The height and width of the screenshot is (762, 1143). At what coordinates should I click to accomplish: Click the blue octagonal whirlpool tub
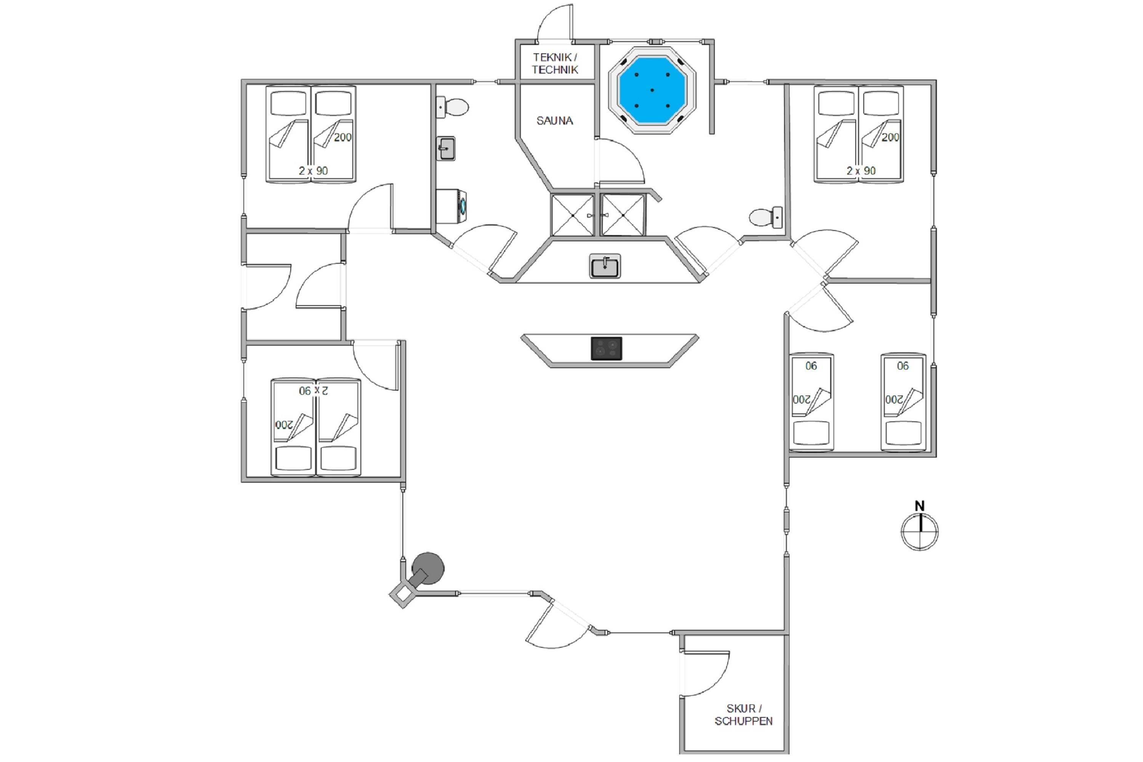pyautogui.click(x=652, y=90)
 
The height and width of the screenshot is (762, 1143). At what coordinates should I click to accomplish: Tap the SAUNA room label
pyautogui.click(x=554, y=120)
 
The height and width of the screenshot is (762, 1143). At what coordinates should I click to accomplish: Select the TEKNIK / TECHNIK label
pyautogui.click(x=555, y=64)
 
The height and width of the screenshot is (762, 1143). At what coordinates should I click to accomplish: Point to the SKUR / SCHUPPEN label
pyautogui.click(x=744, y=715)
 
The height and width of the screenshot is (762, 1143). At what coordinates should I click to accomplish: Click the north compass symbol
pyautogui.click(x=919, y=531)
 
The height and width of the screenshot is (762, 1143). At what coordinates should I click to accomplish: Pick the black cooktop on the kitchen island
pyautogui.click(x=607, y=349)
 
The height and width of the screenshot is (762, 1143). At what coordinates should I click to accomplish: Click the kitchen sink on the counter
pyautogui.click(x=605, y=266)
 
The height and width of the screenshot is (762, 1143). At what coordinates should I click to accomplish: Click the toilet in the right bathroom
pyautogui.click(x=766, y=217)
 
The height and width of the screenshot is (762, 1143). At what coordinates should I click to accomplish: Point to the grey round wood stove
pyautogui.click(x=427, y=568)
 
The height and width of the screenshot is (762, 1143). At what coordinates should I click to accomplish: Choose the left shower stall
pyautogui.click(x=573, y=215)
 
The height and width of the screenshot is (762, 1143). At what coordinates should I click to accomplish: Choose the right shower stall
pyautogui.click(x=623, y=215)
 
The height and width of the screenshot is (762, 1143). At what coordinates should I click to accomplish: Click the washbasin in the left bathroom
pyautogui.click(x=446, y=148)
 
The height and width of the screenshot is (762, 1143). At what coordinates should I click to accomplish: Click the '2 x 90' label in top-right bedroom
pyautogui.click(x=861, y=171)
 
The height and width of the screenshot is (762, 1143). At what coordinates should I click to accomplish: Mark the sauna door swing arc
pyautogui.click(x=621, y=162)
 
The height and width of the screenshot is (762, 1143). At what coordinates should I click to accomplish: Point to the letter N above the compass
pyautogui.click(x=919, y=506)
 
